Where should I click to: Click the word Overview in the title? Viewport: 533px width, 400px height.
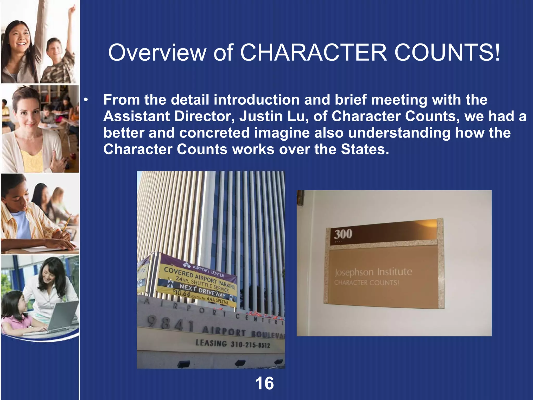pos(157,53)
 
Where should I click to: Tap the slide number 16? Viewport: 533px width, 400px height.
pos(264,383)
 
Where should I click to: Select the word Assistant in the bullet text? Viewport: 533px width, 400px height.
pos(136,116)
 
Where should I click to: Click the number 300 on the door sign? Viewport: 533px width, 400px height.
pos(343,234)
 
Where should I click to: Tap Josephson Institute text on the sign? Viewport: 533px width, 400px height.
pos(373,272)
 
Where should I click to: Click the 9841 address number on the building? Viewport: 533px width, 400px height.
pos(170,324)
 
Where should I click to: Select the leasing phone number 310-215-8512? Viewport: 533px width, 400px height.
pos(250,345)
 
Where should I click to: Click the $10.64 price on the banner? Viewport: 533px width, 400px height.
pos(182,293)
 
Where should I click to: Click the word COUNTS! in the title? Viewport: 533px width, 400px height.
pos(447,53)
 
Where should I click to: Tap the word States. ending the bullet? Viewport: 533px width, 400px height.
pos(365,149)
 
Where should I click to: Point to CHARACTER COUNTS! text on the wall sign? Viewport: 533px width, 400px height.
pos(366,283)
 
